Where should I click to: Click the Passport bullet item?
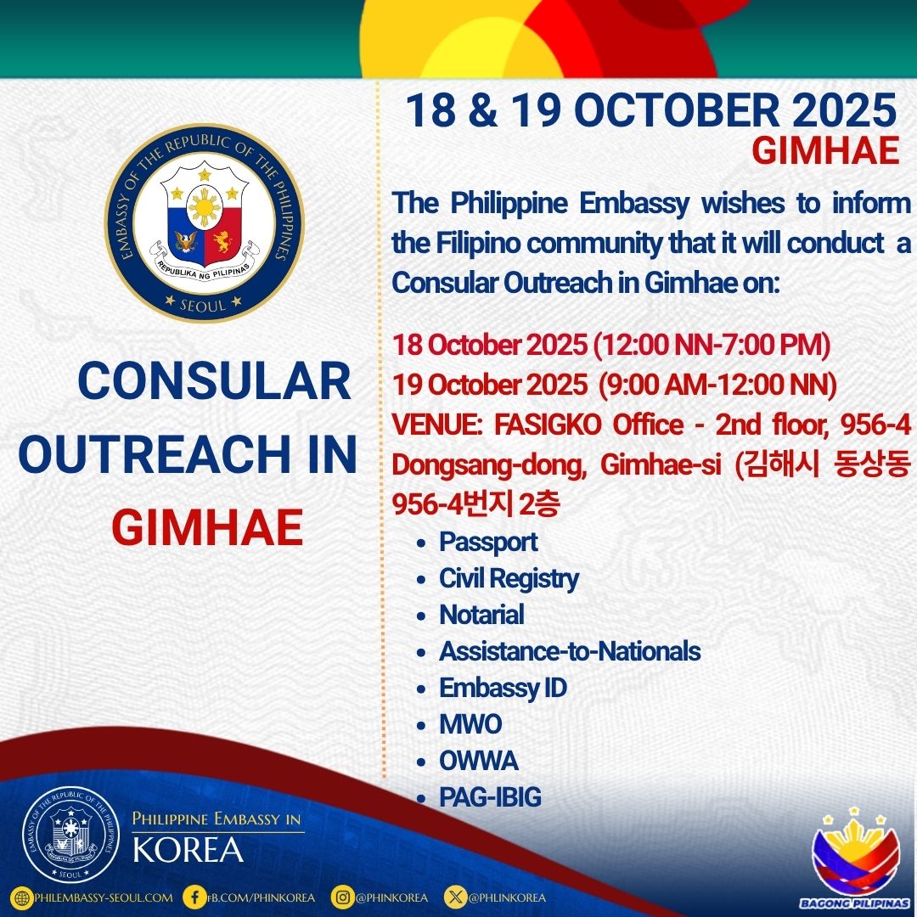click(x=488, y=542)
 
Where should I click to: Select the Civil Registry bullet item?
click(x=509, y=579)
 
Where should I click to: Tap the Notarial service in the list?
click(x=481, y=615)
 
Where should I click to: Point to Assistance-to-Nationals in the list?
click(x=570, y=651)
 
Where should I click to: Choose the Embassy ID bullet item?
click(x=503, y=689)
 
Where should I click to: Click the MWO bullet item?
click(x=470, y=724)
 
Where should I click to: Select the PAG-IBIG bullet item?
click(x=490, y=797)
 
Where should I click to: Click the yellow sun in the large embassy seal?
click(x=204, y=208)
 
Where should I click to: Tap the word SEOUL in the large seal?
click(x=203, y=305)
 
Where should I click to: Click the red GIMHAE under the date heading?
click(x=825, y=151)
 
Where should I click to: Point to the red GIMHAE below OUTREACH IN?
click(x=207, y=527)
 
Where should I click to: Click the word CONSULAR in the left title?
click(x=214, y=381)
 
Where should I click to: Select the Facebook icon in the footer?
click(x=194, y=897)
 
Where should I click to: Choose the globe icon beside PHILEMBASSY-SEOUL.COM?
click(x=22, y=897)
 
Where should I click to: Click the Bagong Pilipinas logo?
click(x=856, y=858)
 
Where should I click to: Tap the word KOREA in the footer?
click(x=188, y=850)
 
